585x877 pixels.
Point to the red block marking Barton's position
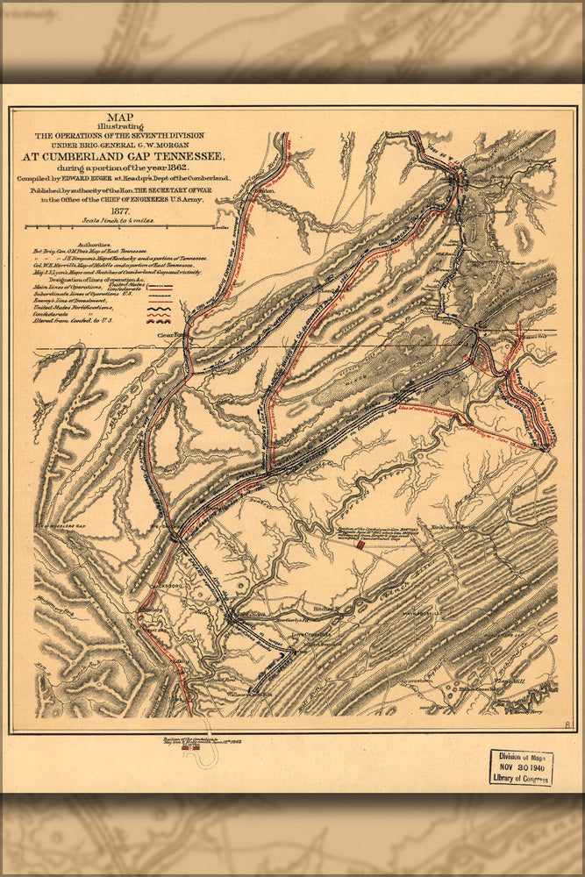pos(360,545)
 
